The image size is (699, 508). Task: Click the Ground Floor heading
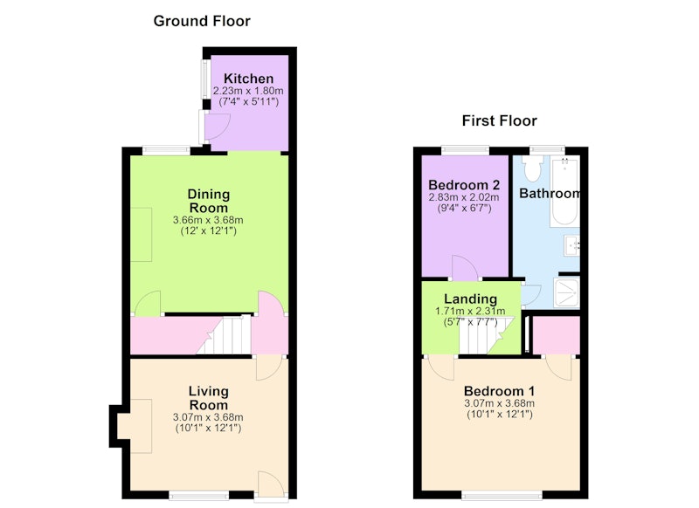pos(202,21)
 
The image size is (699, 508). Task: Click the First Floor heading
pos(499,120)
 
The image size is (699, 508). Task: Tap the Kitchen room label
pos(249,79)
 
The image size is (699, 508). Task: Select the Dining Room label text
pos(209,201)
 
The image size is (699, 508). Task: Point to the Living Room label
pos(209,398)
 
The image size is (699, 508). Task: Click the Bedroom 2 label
pos(464,185)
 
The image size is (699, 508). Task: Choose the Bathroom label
pos(550,193)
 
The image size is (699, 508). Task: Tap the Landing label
pos(470,299)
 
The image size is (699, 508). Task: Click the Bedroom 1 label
pos(499,391)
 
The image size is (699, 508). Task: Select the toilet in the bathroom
pos(532,168)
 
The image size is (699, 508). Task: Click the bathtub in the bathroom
pos(564,191)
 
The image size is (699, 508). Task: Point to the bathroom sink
pos(572,245)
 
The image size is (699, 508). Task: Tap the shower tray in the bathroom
pos(566,292)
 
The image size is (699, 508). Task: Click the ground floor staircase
pos(224,335)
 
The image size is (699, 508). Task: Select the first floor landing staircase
pos(487,336)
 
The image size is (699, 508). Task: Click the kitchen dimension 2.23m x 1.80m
pos(248,91)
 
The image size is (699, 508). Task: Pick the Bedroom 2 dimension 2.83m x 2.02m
pos(464,197)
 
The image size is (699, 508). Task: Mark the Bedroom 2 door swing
pos(465,267)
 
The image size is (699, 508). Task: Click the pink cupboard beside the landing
pos(557,335)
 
